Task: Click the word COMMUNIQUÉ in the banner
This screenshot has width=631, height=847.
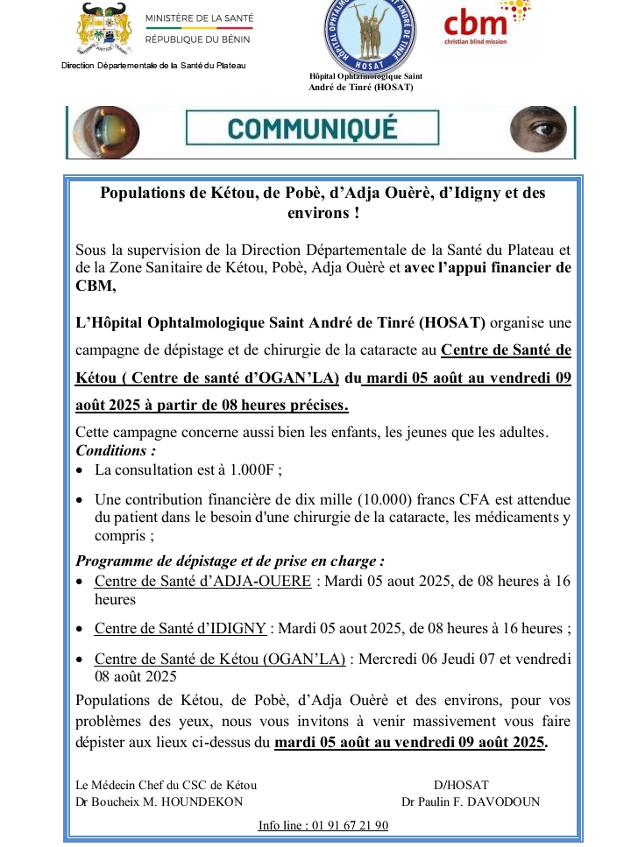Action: pos(313,130)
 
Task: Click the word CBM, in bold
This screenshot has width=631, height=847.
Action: pos(96,286)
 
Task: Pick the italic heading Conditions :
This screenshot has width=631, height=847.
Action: pos(116,450)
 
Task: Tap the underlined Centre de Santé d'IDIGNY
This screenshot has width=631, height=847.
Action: pos(181,628)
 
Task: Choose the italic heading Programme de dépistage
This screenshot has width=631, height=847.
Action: pos(230,561)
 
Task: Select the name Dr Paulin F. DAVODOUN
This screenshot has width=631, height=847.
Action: pos(470,801)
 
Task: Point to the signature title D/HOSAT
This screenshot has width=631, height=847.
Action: pos(461,785)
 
